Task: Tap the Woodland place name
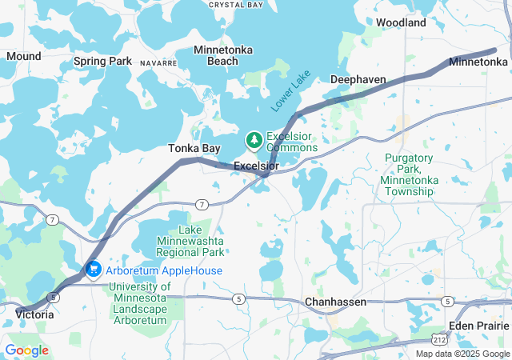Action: click(401, 23)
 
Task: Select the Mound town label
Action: click(23, 56)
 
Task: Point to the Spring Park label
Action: click(102, 61)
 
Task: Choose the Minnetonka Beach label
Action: click(223, 55)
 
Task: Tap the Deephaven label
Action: click(358, 79)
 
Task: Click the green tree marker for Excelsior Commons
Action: click(254, 142)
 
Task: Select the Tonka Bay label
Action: click(194, 149)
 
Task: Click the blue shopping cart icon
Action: click(93, 271)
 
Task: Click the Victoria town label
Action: click(34, 315)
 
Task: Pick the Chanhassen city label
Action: click(335, 302)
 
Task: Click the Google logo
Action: click(27, 350)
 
